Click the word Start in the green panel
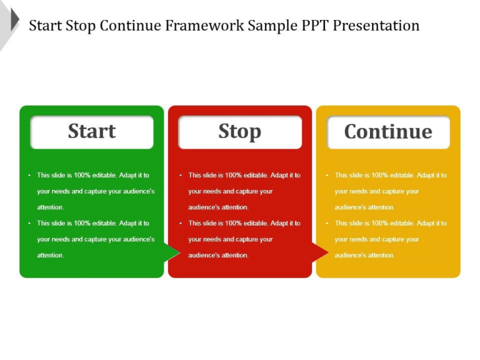92,132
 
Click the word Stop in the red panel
239,132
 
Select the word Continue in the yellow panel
388,132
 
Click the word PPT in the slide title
312,26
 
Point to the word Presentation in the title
376,26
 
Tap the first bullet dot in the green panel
29,176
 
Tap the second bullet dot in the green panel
29,223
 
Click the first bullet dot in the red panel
180,176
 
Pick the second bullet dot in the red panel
180,223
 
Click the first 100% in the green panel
82,176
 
